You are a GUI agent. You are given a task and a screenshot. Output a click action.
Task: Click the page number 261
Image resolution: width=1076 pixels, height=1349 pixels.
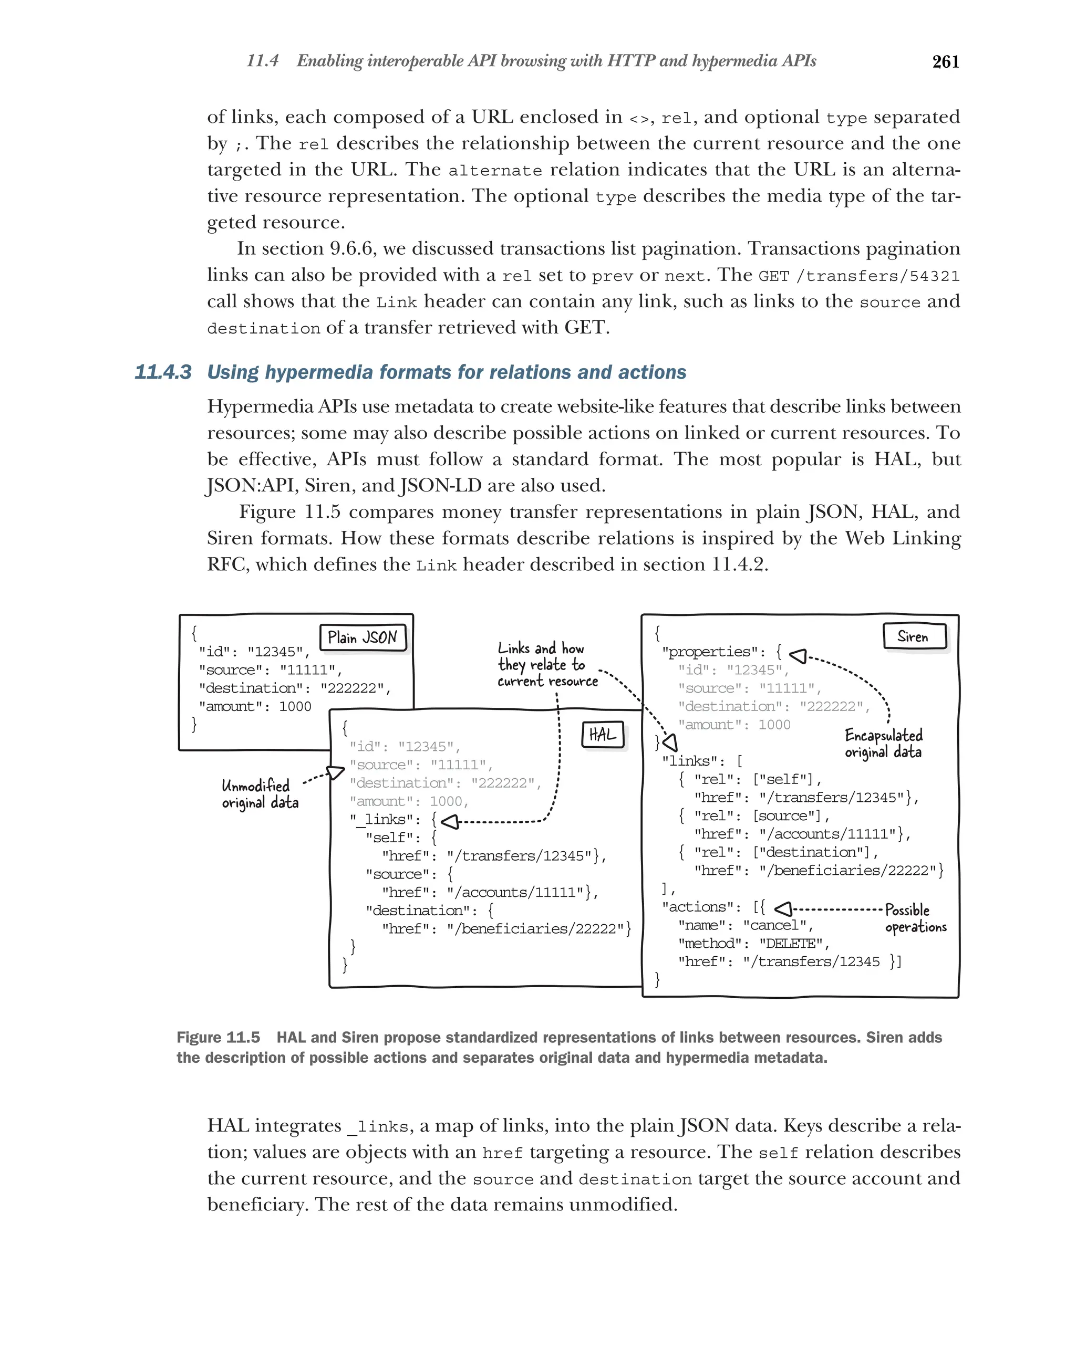click(x=945, y=61)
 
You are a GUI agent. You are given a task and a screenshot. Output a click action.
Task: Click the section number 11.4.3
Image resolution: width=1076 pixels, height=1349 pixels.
click(x=163, y=372)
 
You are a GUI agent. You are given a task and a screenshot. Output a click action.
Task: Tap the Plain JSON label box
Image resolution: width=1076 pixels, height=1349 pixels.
click(x=363, y=637)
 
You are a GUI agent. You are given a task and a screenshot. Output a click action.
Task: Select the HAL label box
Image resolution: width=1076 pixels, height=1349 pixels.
click(x=602, y=734)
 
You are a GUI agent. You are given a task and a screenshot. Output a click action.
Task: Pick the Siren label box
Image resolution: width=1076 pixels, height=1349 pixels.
click(x=913, y=636)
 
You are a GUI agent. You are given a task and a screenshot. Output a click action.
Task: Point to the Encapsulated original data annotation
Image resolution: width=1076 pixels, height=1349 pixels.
click(x=883, y=744)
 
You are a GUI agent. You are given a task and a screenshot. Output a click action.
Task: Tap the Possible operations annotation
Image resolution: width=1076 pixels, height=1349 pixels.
click(x=915, y=918)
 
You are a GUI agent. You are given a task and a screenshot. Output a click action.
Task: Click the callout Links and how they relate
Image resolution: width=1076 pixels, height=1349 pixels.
click(x=546, y=664)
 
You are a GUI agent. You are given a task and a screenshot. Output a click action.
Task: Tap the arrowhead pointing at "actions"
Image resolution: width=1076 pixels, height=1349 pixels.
click(x=784, y=908)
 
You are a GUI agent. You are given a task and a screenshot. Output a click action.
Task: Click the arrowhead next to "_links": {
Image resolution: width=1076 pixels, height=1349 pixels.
click(x=449, y=822)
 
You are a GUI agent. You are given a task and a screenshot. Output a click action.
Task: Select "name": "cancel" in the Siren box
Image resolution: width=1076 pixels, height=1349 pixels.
click(x=745, y=925)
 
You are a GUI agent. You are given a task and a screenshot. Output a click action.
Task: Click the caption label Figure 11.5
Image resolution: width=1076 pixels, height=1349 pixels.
click(x=218, y=1038)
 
